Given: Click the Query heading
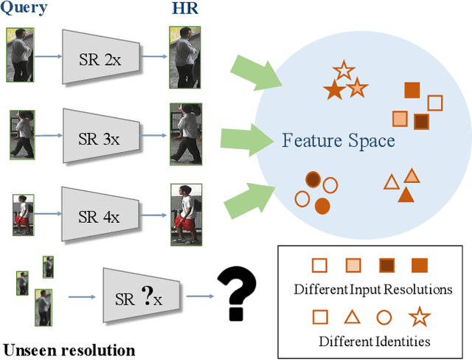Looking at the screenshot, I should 26,9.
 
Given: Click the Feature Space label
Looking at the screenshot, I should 339,140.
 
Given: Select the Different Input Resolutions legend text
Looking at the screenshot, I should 372,288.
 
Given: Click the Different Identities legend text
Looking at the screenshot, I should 374,341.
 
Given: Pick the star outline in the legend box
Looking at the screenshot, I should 419,318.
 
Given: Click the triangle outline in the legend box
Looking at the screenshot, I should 351,318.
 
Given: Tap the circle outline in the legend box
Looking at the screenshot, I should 383,318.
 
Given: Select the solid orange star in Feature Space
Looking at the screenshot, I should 333,91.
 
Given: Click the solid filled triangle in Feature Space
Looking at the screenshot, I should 406,194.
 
